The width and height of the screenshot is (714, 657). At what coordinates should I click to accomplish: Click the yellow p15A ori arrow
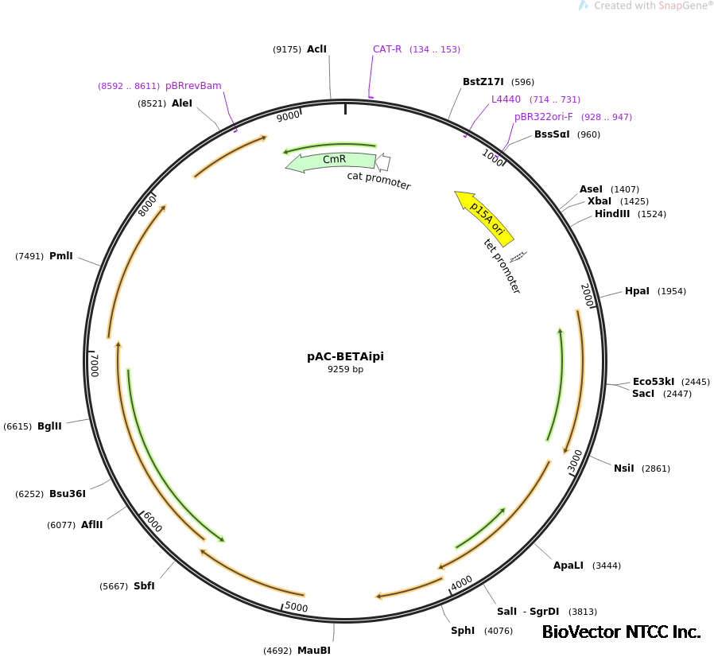[485, 217]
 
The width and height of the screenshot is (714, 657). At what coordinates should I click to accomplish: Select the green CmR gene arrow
[331, 161]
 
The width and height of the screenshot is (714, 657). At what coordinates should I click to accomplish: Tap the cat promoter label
[378, 181]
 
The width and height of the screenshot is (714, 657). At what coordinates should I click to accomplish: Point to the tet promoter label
[503, 266]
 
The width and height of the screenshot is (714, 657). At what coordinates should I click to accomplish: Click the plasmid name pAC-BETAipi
[345, 356]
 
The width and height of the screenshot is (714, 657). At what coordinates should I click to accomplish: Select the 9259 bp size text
[345, 369]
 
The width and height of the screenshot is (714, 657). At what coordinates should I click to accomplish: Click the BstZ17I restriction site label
[483, 81]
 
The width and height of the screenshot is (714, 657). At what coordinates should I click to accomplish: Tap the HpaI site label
[637, 291]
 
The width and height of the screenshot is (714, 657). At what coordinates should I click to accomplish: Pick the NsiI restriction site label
[623, 468]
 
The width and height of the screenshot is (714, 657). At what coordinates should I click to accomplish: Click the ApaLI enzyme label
[568, 566]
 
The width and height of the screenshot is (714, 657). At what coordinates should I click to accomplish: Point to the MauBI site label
[313, 651]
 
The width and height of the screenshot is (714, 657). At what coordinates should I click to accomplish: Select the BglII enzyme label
[49, 426]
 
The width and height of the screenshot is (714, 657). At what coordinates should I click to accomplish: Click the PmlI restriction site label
[61, 256]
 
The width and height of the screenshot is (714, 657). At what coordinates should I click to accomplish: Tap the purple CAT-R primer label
[387, 49]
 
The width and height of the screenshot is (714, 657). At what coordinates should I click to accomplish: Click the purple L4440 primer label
[506, 99]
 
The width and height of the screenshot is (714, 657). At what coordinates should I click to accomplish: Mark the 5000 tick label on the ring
[297, 608]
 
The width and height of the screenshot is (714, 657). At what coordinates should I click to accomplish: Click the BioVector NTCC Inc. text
[621, 632]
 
